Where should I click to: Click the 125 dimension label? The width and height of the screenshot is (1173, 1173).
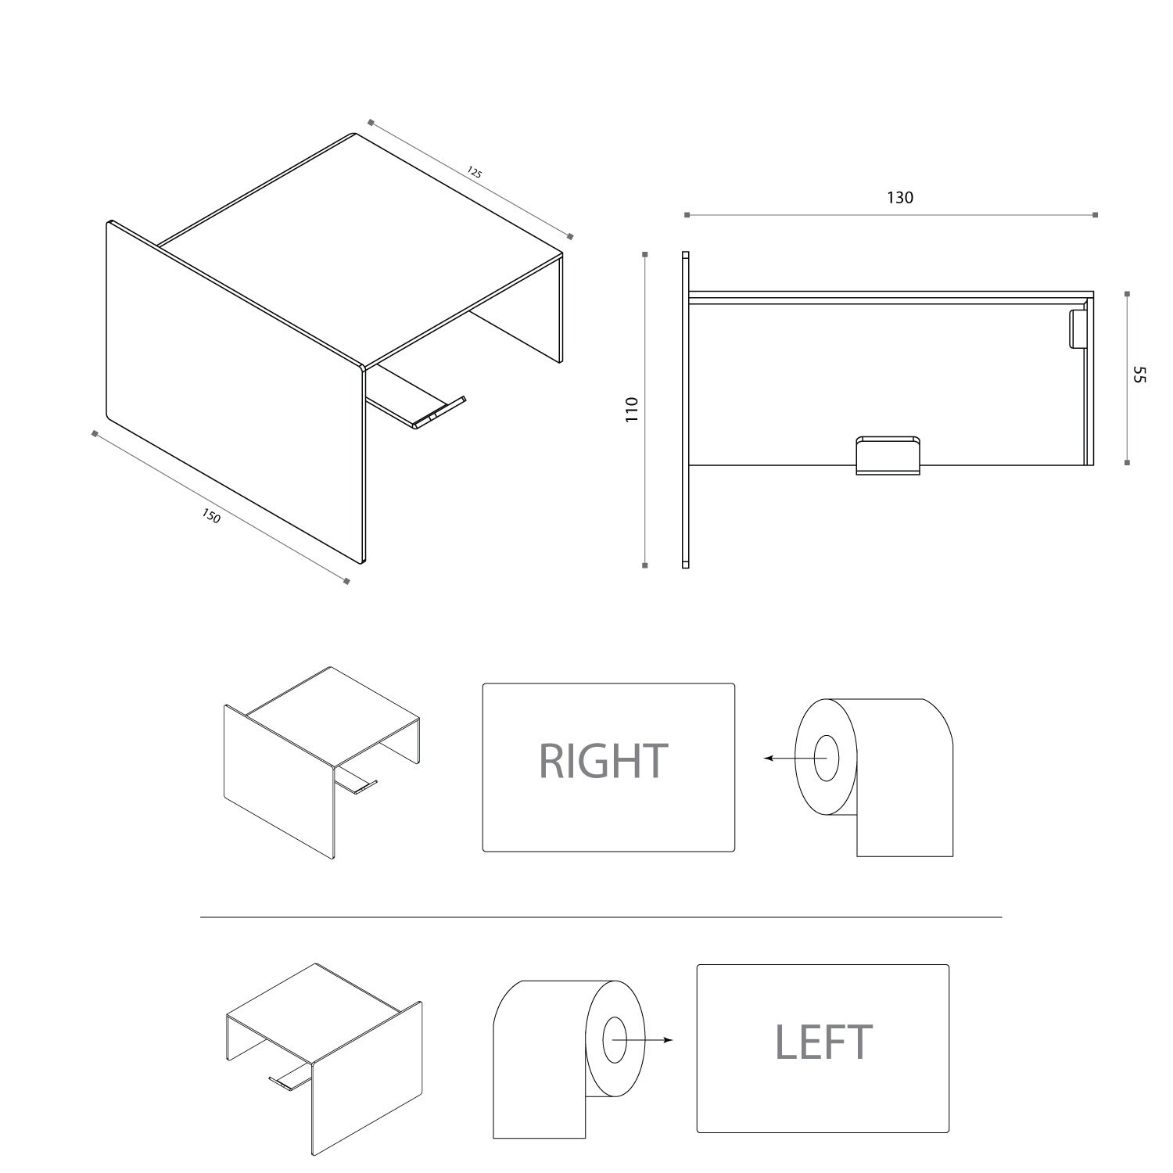[475, 173]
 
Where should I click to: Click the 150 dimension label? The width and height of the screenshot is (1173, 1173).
[211, 516]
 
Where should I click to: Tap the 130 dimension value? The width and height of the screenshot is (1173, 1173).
[900, 198]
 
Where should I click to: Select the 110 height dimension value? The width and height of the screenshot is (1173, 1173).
[633, 410]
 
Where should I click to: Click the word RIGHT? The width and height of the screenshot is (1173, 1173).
[604, 761]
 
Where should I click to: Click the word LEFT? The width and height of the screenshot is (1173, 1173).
[823, 1041]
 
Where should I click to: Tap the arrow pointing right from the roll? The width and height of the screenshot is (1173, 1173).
[641, 1040]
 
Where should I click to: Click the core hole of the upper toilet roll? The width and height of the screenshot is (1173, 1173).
[827, 758]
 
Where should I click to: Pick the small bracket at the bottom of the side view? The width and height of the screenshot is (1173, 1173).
[889, 455]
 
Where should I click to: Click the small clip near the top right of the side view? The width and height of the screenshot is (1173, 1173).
[1078, 328]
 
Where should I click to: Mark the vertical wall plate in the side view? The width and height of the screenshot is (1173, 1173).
[686, 409]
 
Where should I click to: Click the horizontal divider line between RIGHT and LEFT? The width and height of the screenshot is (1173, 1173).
[601, 917]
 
